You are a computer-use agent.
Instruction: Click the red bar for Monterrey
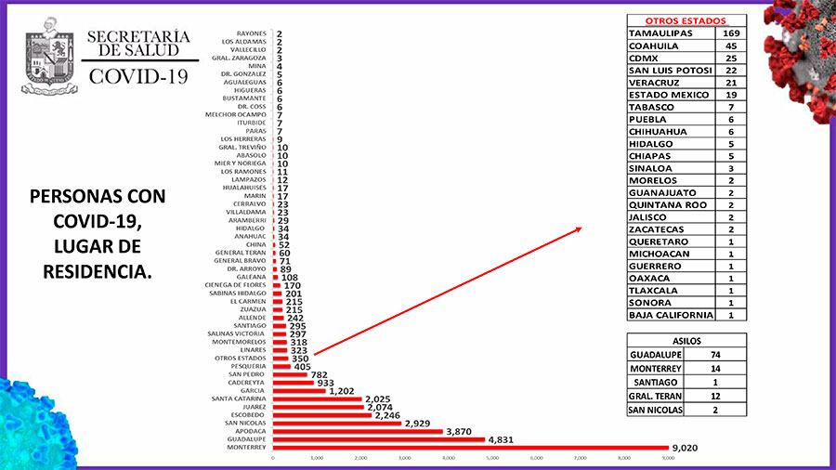pyautogui.click(x=469, y=447)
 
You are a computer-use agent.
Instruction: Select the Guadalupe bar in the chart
pyautogui.click(x=378, y=439)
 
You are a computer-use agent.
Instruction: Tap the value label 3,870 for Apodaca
pyautogui.click(x=464, y=431)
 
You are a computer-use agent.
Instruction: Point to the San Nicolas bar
pyautogui.click(x=337, y=423)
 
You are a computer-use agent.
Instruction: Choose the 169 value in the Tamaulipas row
pyautogui.click(x=732, y=33)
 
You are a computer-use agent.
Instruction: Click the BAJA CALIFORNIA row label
pyautogui.click(x=670, y=315)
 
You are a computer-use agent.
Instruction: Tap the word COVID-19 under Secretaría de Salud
pyautogui.click(x=138, y=76)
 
